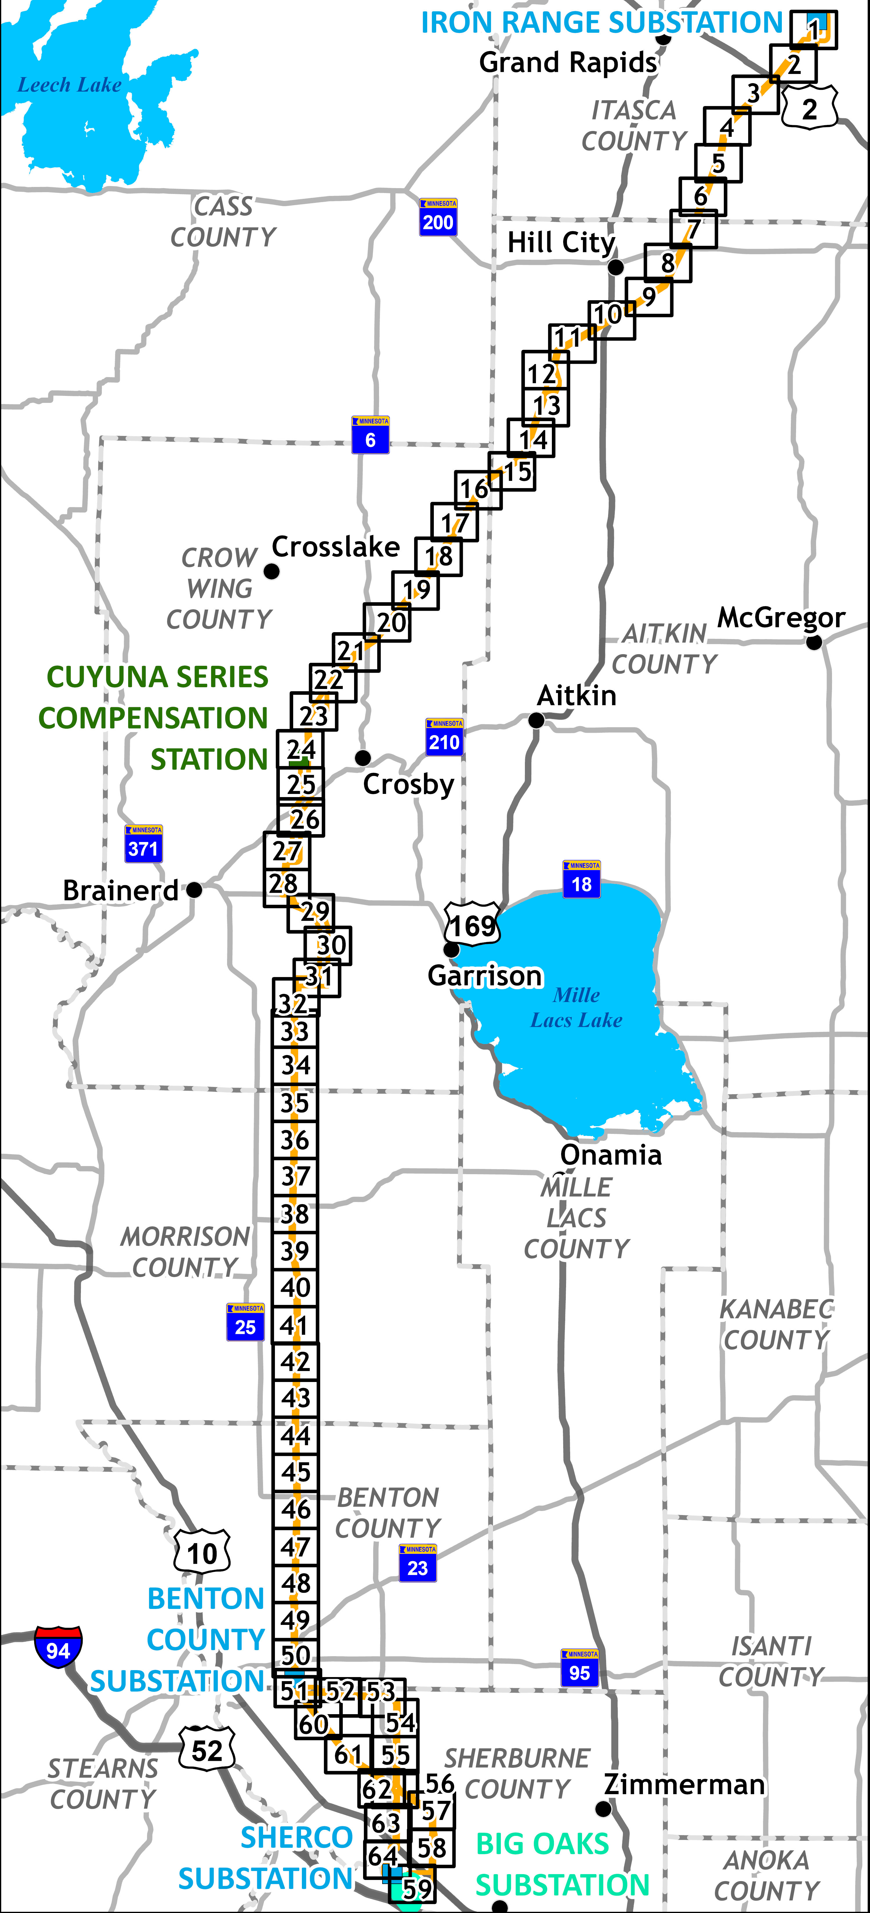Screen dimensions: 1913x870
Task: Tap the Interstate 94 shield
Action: point(58,1647)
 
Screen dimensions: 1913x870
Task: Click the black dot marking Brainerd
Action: point(194,890)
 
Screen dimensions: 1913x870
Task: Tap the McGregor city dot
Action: point(814,642)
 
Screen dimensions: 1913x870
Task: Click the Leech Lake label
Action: point(69,86)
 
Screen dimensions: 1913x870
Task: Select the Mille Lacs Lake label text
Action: point(577,1008)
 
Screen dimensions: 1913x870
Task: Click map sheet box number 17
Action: point(454,522)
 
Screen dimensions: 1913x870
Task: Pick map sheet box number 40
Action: point(295,1287)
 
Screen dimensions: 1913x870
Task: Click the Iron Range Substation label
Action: point(602,23)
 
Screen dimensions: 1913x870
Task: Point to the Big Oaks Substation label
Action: point(562,1864)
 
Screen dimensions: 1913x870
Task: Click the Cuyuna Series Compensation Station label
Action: point(154,717)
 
